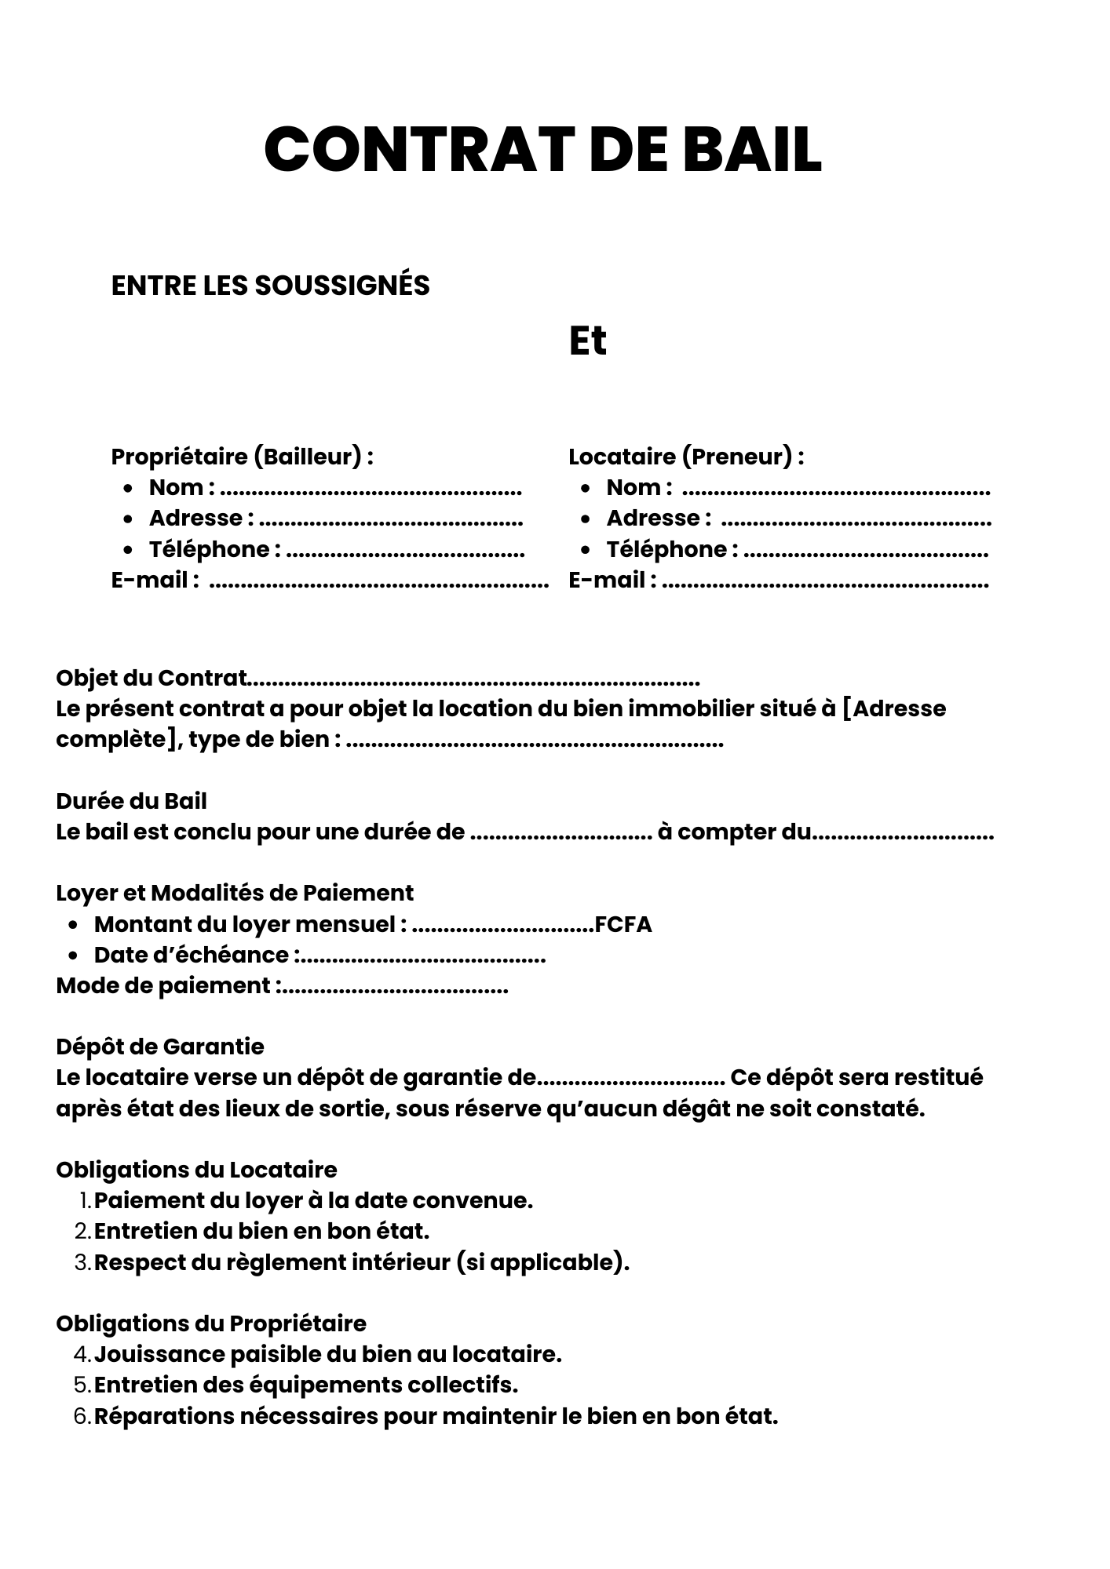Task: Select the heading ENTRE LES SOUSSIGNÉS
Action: pos(270,286)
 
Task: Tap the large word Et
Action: pos(587,341)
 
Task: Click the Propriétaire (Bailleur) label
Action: pos(242,456)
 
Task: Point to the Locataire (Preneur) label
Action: pos(686,456)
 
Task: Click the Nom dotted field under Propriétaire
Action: pos(371,491)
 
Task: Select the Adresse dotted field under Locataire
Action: pos(856,522)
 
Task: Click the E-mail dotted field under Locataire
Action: pos(825,584)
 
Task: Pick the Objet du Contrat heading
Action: pos(152,678)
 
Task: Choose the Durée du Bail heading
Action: pos(131,801)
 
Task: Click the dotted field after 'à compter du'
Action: pos(903,835)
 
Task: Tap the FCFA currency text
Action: pos(623,924)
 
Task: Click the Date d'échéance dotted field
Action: pos(424,958)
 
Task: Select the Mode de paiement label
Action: pos(164,985)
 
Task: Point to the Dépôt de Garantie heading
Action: pos(160,1047)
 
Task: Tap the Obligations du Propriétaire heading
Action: pos(211,1323)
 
